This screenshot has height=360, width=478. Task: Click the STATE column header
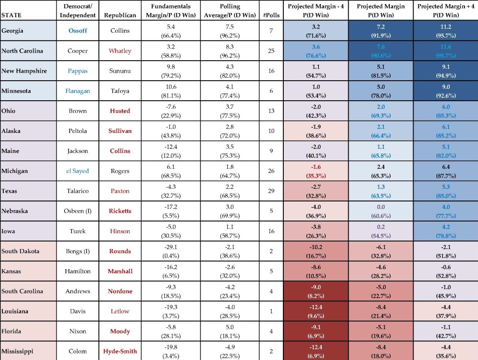tap(11, 15)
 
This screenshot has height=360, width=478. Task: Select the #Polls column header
tap(271, 15)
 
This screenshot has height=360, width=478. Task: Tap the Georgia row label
tap(12, 31)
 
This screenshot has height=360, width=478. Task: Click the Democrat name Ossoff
tap(78, 30)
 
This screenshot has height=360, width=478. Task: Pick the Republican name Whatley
tap(120, 51)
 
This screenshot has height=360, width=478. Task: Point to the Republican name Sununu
tap(120, 71)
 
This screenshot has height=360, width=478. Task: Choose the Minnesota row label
tap(16, 91)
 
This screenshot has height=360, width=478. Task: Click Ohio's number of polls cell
tap(271, 111)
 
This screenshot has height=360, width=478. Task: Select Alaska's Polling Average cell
tap(230, 131)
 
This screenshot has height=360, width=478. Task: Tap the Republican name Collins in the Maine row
tap(120, 151)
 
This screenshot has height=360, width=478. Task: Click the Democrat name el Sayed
tap(78, 171)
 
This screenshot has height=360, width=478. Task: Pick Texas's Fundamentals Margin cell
tap(171, 191)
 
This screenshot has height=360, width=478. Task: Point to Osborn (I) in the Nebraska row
tap(78, 211)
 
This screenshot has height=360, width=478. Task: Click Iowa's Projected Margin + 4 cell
tap(446, 231)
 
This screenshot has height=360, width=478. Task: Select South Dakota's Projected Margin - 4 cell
tap(316, 251)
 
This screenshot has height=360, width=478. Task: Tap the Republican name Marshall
tap(120, 271)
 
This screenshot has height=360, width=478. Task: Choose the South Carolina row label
tap(22, 291)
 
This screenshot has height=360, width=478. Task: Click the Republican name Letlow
tap(120, 311)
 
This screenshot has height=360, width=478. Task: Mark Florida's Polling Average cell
tap(230, 332)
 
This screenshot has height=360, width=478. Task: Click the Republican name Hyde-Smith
tap(120, 352)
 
